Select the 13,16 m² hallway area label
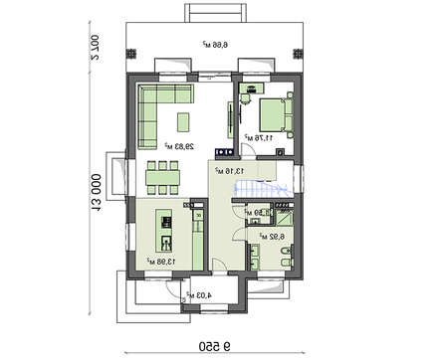pos(225,170)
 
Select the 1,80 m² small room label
pos(254,211)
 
